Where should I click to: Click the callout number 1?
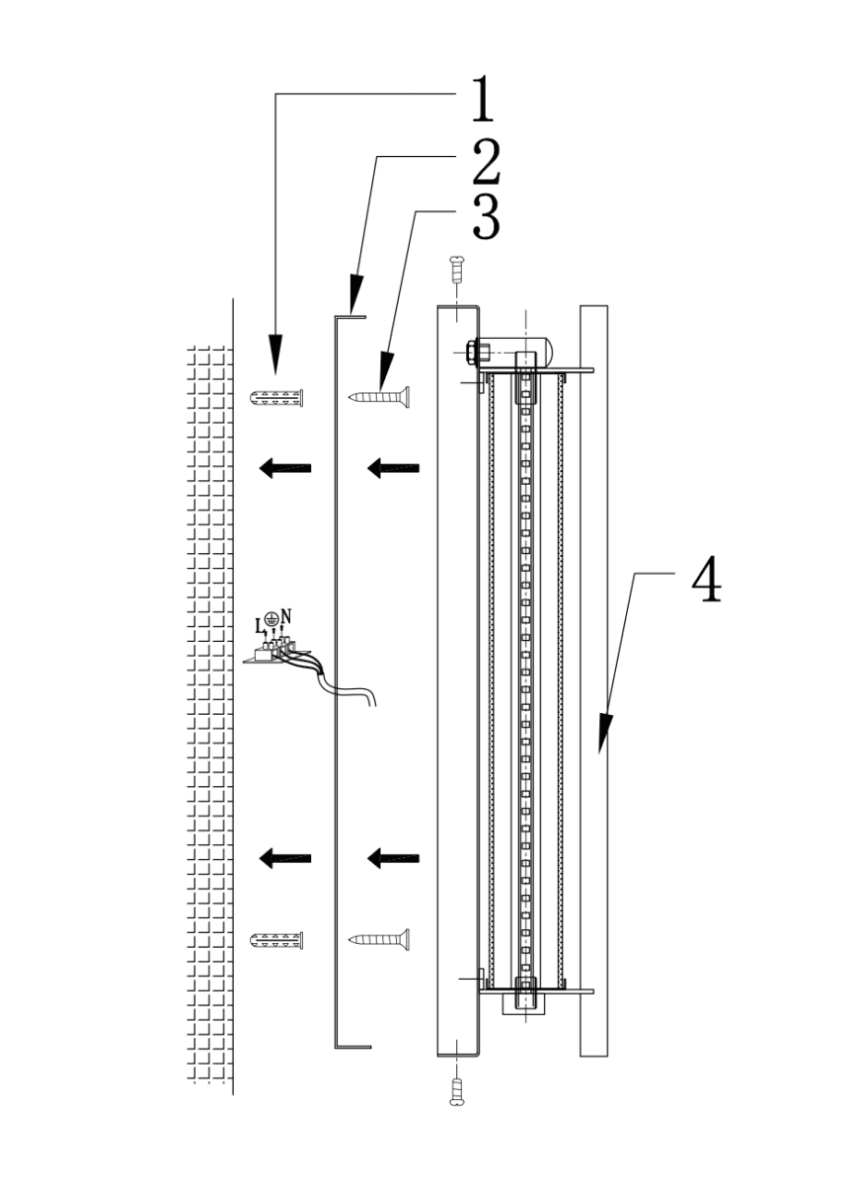[483, 100]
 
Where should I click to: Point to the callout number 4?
[706, 580]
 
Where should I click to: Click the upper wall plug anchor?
[276, 397]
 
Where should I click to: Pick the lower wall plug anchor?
[276, 940]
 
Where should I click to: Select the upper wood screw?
[379, 397]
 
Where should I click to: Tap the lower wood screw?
[379, 939]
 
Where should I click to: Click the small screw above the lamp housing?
[455, 270]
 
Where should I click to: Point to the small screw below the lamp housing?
[455, 1092]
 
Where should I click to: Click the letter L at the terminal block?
[260, 627]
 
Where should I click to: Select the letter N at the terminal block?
[286, 616]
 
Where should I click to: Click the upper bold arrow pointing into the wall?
[284, 468]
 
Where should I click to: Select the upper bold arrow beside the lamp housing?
[394, 468]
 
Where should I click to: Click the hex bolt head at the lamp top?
[470, 353]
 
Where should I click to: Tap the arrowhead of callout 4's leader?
[605, 734]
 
